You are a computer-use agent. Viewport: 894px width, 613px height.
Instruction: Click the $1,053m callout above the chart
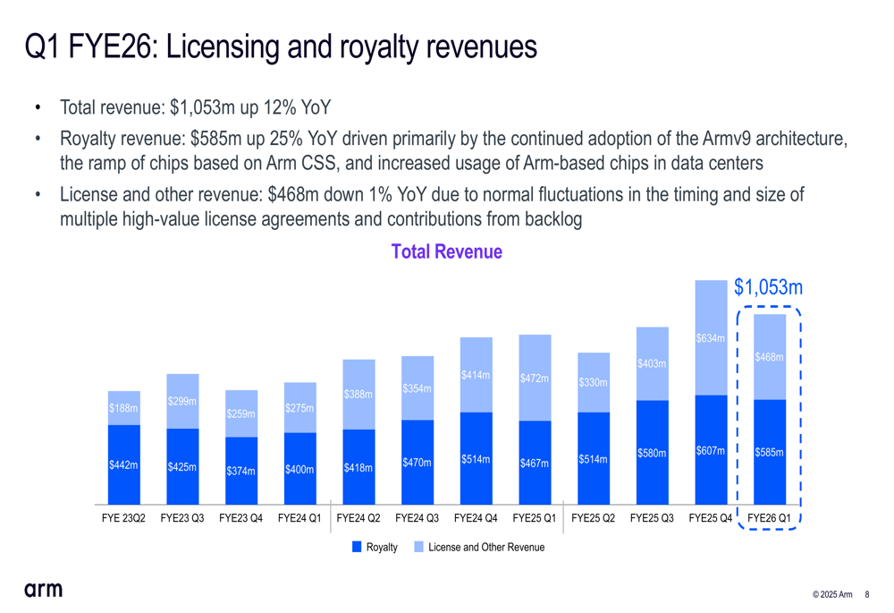coord(768,287)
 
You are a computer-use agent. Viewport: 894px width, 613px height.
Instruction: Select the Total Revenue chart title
coord(446,252)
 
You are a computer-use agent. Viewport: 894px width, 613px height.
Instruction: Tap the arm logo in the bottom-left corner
coord(43,589)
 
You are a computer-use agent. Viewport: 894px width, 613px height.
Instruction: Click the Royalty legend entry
coord(375,547)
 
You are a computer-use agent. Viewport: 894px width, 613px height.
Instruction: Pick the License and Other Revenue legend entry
coord(478,547)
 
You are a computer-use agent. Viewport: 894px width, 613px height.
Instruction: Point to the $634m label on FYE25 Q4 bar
coord(710,338)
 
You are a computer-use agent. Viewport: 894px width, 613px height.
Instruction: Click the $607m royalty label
coord(710,450)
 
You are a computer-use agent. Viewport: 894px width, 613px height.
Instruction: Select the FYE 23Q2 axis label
coord(123,518)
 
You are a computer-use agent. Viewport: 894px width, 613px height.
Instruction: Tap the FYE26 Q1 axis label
coord(769,518)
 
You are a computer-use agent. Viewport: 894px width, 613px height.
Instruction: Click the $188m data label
coord(123,408)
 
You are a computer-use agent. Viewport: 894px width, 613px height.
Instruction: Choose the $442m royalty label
coord(123,464)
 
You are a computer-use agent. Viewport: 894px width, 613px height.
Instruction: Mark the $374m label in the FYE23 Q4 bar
coord(240,471)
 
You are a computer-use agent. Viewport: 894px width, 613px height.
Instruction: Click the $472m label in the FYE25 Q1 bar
coord(534,378)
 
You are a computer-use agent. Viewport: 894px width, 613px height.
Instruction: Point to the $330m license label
coord(593,383)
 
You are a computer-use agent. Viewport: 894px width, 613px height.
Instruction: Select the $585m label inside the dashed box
coord(769,453)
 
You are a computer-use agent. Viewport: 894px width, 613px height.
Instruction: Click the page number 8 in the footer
coord(867,595)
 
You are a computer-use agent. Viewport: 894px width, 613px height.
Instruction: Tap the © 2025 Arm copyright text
coord(831,595)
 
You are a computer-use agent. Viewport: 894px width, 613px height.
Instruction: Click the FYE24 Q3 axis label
coord(417,518)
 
